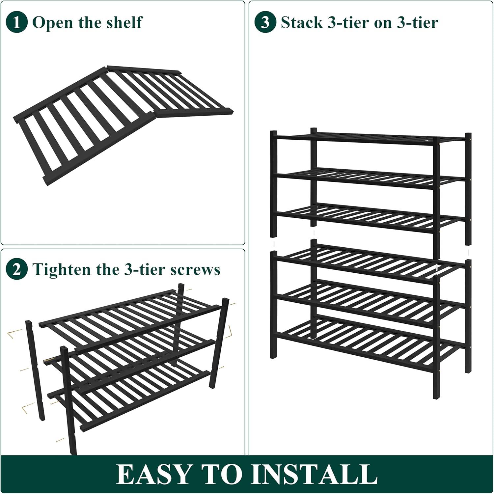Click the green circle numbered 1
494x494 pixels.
click(16, 22)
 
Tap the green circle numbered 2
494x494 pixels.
click(16, 269)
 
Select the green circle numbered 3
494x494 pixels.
click(265, 22)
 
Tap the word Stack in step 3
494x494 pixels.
click(302, 22)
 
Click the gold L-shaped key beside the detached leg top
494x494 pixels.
click(14, 333)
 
